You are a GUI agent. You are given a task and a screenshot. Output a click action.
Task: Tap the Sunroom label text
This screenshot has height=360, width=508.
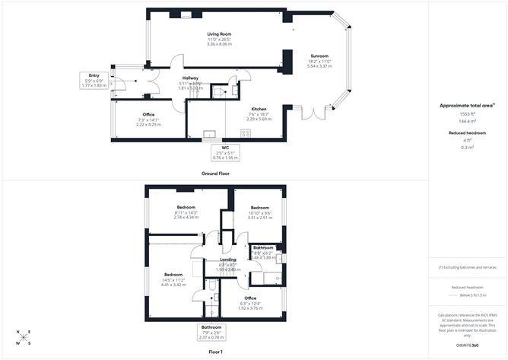(319, 56)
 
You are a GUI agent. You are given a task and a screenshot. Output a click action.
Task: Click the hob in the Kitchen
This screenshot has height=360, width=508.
(246, 133)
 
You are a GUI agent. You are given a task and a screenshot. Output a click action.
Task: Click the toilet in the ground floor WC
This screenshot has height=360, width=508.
(217, 91)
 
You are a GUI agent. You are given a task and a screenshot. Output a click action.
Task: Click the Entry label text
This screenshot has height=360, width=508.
(94, 76)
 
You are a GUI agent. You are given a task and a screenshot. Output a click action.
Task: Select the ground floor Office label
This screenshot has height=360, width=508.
(148, 114)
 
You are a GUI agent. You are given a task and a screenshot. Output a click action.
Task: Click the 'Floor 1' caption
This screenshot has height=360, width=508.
(215, 352)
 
